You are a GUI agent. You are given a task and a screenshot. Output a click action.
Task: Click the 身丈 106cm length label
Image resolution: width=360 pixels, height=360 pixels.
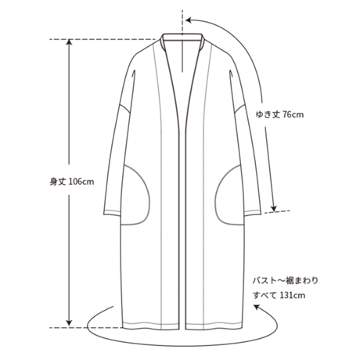point(72,182)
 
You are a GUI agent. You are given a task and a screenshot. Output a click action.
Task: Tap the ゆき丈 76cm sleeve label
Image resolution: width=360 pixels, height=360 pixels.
point(279,114)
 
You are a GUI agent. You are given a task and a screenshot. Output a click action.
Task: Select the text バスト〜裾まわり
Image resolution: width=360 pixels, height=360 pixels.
point(286,281)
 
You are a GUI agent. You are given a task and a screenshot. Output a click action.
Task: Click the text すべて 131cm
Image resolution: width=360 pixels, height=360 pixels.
point(279,295)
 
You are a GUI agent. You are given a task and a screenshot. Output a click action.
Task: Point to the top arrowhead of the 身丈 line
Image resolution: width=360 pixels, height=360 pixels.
point(69,42)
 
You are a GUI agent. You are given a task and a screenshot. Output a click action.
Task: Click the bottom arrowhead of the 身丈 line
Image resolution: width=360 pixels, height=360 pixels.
point(69,323)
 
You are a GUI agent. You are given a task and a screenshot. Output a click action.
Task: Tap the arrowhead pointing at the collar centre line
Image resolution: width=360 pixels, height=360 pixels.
point(189,20)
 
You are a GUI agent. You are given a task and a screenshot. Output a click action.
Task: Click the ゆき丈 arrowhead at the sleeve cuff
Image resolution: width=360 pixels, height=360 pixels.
point(273,208)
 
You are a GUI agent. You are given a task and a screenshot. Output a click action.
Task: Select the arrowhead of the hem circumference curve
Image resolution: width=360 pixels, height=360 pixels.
point(257,308)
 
